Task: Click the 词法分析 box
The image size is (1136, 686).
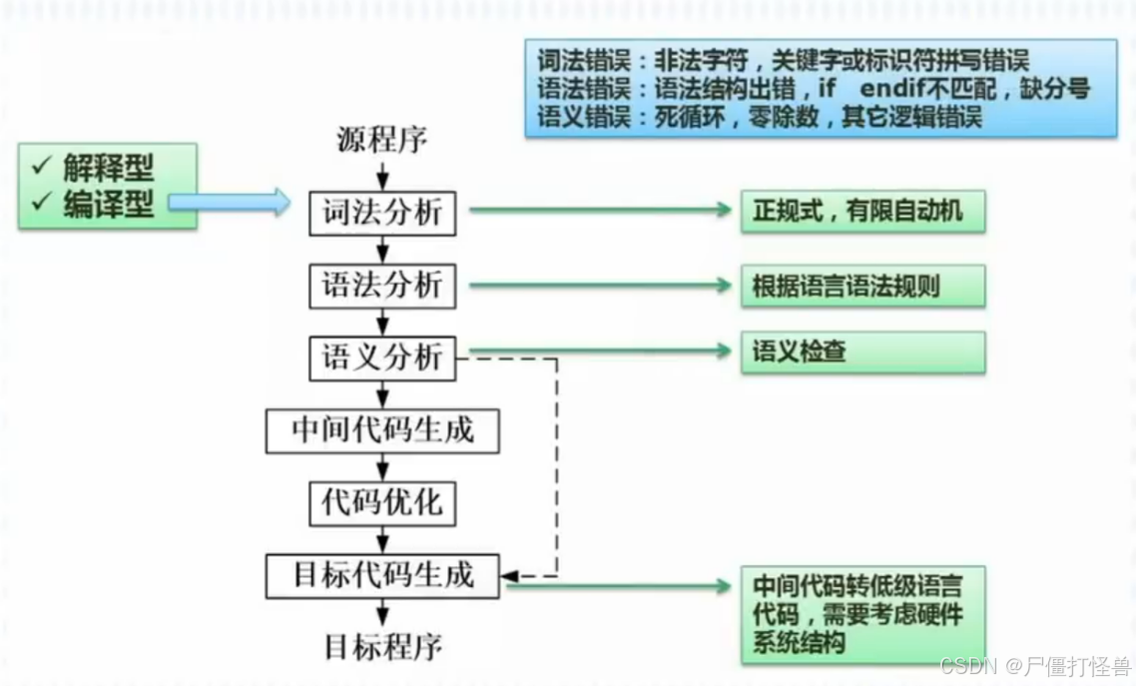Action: (382, 214)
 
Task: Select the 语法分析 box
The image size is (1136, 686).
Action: (382, 286)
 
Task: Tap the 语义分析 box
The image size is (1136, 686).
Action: (382, 356)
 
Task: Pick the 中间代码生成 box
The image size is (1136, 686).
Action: (382, 430)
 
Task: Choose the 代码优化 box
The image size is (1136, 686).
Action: (382, 502)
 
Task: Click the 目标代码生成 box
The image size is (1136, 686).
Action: (382, 576)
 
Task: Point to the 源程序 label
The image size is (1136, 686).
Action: (382, 141)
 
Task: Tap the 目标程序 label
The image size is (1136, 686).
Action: (382, 646)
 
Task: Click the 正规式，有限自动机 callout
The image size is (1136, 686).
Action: (862, 212)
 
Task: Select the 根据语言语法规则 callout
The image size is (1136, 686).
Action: (862, 287)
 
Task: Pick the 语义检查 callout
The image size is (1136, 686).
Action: (862, 352)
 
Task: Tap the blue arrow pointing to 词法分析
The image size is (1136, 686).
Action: (229, 203)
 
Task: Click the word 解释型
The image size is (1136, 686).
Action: (109, 167)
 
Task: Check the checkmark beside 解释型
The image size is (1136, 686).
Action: (43, 167)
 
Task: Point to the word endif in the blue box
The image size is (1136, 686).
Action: (891, 88)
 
